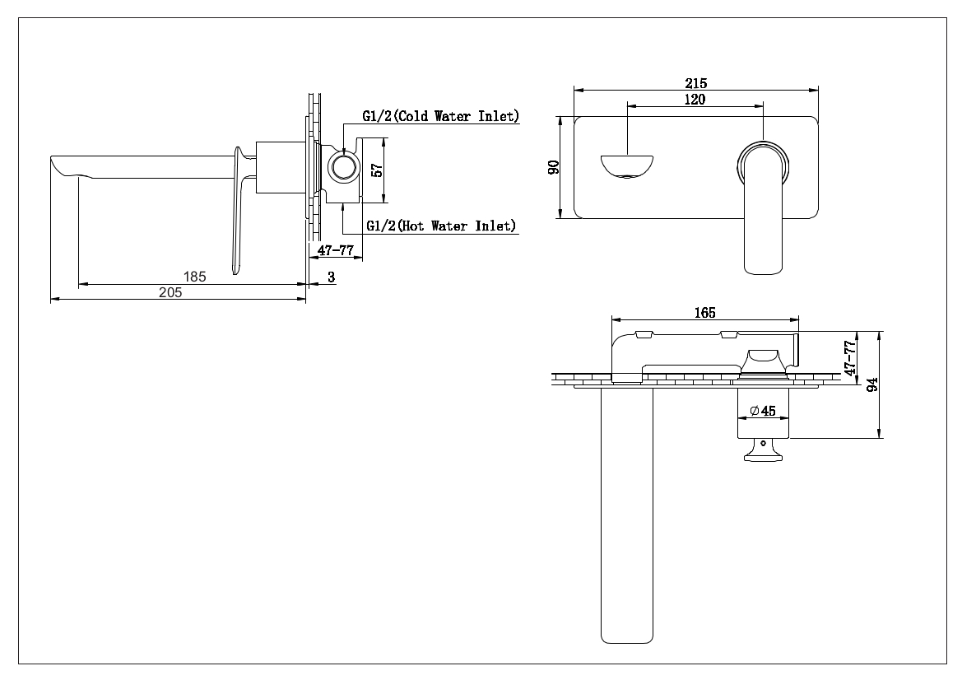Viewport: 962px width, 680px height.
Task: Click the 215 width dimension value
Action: [x=695, y=83]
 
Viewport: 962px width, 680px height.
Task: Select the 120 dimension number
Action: [x=695, y=100]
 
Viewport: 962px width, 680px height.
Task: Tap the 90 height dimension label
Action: [x=553, y=167]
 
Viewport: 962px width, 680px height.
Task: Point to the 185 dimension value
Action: [x=194, y=277]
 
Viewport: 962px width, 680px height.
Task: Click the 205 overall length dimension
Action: [x=170, y=293]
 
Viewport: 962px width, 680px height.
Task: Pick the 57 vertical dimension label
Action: [x=378, y=170]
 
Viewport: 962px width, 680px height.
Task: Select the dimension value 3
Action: [x=332, y=277]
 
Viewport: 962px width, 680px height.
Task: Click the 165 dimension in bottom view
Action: [x=705, y=313]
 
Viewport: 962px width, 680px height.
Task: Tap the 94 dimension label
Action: [x=872, y=384]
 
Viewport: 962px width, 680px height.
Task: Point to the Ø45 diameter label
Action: [x=763, y=411]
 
